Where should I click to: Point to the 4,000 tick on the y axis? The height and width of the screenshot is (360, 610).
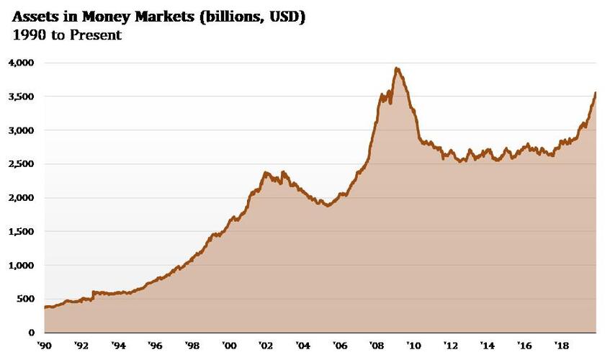tap(21, 63)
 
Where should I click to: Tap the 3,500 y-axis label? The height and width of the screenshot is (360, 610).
tap(21, 96)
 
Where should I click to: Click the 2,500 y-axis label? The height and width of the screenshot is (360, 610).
tap(21, 164)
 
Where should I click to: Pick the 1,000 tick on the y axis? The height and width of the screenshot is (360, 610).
tap(21, 266)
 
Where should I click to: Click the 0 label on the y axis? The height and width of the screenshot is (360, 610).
tap(32, 333)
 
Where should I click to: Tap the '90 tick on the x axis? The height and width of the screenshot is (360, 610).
tap(45, 346)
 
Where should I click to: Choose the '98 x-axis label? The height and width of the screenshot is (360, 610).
tap(192, 346)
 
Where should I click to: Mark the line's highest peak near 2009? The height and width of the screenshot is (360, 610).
tap(397, 68)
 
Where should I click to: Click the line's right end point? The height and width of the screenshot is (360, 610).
tap(595, 93)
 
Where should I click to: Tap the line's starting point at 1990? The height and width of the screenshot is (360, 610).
tap(45, 307)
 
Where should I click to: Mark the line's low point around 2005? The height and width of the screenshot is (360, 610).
tap(328, 205)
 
